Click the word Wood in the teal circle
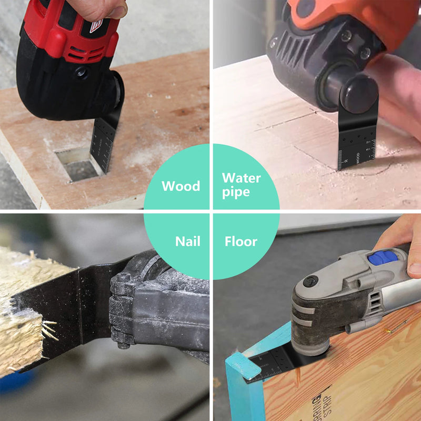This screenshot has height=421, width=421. coord(181,186)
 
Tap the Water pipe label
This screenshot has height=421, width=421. coord(241,185)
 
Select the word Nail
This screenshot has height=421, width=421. coord(187,242)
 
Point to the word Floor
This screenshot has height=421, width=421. coord(241,242)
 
